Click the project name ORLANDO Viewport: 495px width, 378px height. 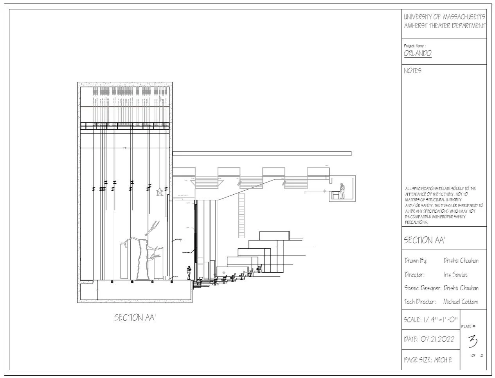coord(418,53)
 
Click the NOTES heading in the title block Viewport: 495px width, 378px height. coord(412,71)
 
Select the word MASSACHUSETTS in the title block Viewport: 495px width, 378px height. coord(464,17)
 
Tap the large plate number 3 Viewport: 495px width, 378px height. coord(473,341)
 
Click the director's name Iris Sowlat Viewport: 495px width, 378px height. coord(455,275)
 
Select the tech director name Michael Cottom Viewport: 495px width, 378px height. coord(460,302)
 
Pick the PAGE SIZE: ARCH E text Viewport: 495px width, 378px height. coord(428,360)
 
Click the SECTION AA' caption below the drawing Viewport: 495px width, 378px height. coord(135,317)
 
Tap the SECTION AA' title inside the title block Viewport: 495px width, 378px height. coord(424,240)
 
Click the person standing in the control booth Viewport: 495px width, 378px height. coord(342,190)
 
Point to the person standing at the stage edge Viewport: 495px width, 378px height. coord(189,273)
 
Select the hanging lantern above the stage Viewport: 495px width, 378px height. coord(160,192)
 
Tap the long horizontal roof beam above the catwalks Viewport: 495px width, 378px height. coord(262,154)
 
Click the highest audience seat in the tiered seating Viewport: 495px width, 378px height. coord(259,269)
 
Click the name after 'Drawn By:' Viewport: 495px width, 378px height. coord(461,260)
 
